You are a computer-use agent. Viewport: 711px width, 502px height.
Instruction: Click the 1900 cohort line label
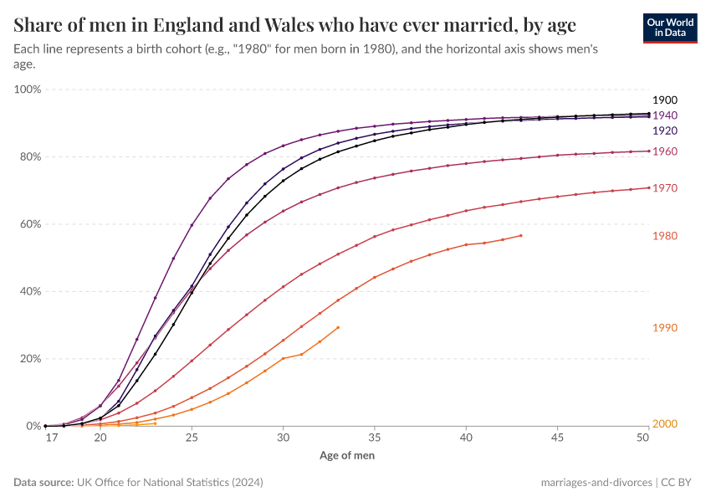coord(664,100)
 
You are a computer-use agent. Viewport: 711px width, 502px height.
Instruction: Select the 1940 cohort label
coord(664,115)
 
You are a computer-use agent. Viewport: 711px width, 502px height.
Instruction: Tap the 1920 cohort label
coord(664,131)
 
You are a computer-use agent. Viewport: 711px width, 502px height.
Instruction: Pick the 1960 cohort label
coord(664,151)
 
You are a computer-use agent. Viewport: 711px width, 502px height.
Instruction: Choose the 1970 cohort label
coord(664,189)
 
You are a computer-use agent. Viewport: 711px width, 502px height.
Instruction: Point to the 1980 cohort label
coord(664,237)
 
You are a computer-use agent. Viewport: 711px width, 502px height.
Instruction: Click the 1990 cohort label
coord(664,328)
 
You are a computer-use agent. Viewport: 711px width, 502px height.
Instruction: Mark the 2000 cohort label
coord(664,424)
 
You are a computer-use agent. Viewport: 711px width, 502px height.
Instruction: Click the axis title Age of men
coord(347,456)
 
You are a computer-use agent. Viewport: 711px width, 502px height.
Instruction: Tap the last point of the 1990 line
coord(339,327)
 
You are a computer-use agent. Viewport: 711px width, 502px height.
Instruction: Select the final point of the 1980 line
coord(521,235)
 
